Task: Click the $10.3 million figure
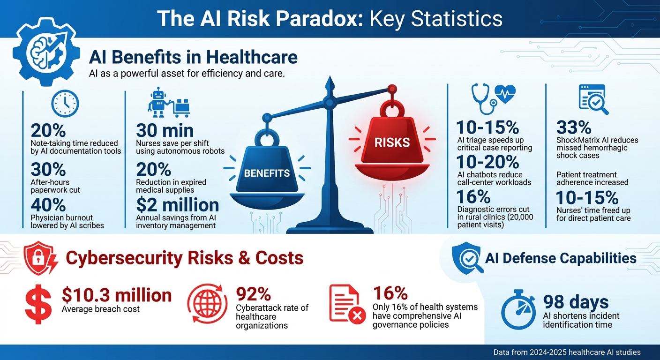click(x=117, y=295)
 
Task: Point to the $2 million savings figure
click(x=177, y=205)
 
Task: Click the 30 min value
click(x=165, y=130)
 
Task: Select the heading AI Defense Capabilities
click(x=561, y=258)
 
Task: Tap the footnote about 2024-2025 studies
click(x=567, y=352)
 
